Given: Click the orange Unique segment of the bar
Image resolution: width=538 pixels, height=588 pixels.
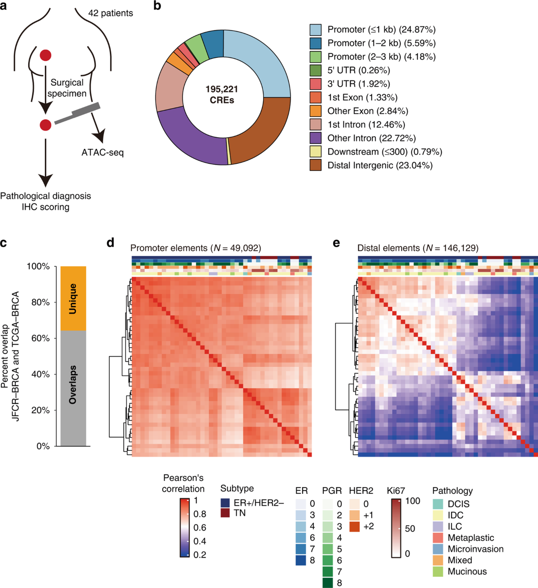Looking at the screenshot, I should click(x=73, y=298).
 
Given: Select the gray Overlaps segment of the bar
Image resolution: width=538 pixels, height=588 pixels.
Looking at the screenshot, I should click(x=73, y=388).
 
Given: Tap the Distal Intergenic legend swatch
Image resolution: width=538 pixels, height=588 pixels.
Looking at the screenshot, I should click(x=315, y=165).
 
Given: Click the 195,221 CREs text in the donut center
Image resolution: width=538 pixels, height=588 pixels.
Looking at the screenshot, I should click(x=222, y=95).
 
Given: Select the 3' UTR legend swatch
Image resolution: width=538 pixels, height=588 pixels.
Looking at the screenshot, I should click(x=315, y=84).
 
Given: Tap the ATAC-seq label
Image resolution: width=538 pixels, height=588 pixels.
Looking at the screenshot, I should click(x=102, y=152).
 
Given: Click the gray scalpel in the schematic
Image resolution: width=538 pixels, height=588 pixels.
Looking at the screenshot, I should click(x=78, y=114).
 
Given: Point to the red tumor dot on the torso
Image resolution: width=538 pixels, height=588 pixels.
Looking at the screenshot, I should click(x=45, y=55).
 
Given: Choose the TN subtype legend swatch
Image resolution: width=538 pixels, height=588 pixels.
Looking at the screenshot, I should click(x=225, y=513).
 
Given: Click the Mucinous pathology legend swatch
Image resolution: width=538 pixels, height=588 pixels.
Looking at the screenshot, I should click(x=438, y=571).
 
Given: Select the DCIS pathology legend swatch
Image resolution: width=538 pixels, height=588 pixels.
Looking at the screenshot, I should click(x=438, y=504).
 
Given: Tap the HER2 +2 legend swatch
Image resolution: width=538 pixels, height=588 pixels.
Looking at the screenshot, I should click(x=354, y=527).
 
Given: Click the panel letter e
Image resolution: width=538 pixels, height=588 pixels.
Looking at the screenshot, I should click(x=336, y=243).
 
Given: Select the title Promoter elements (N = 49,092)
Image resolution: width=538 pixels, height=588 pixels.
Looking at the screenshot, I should click(x=195, y=248).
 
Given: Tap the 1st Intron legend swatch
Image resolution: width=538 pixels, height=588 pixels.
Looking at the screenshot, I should click(x=315, y=124).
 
